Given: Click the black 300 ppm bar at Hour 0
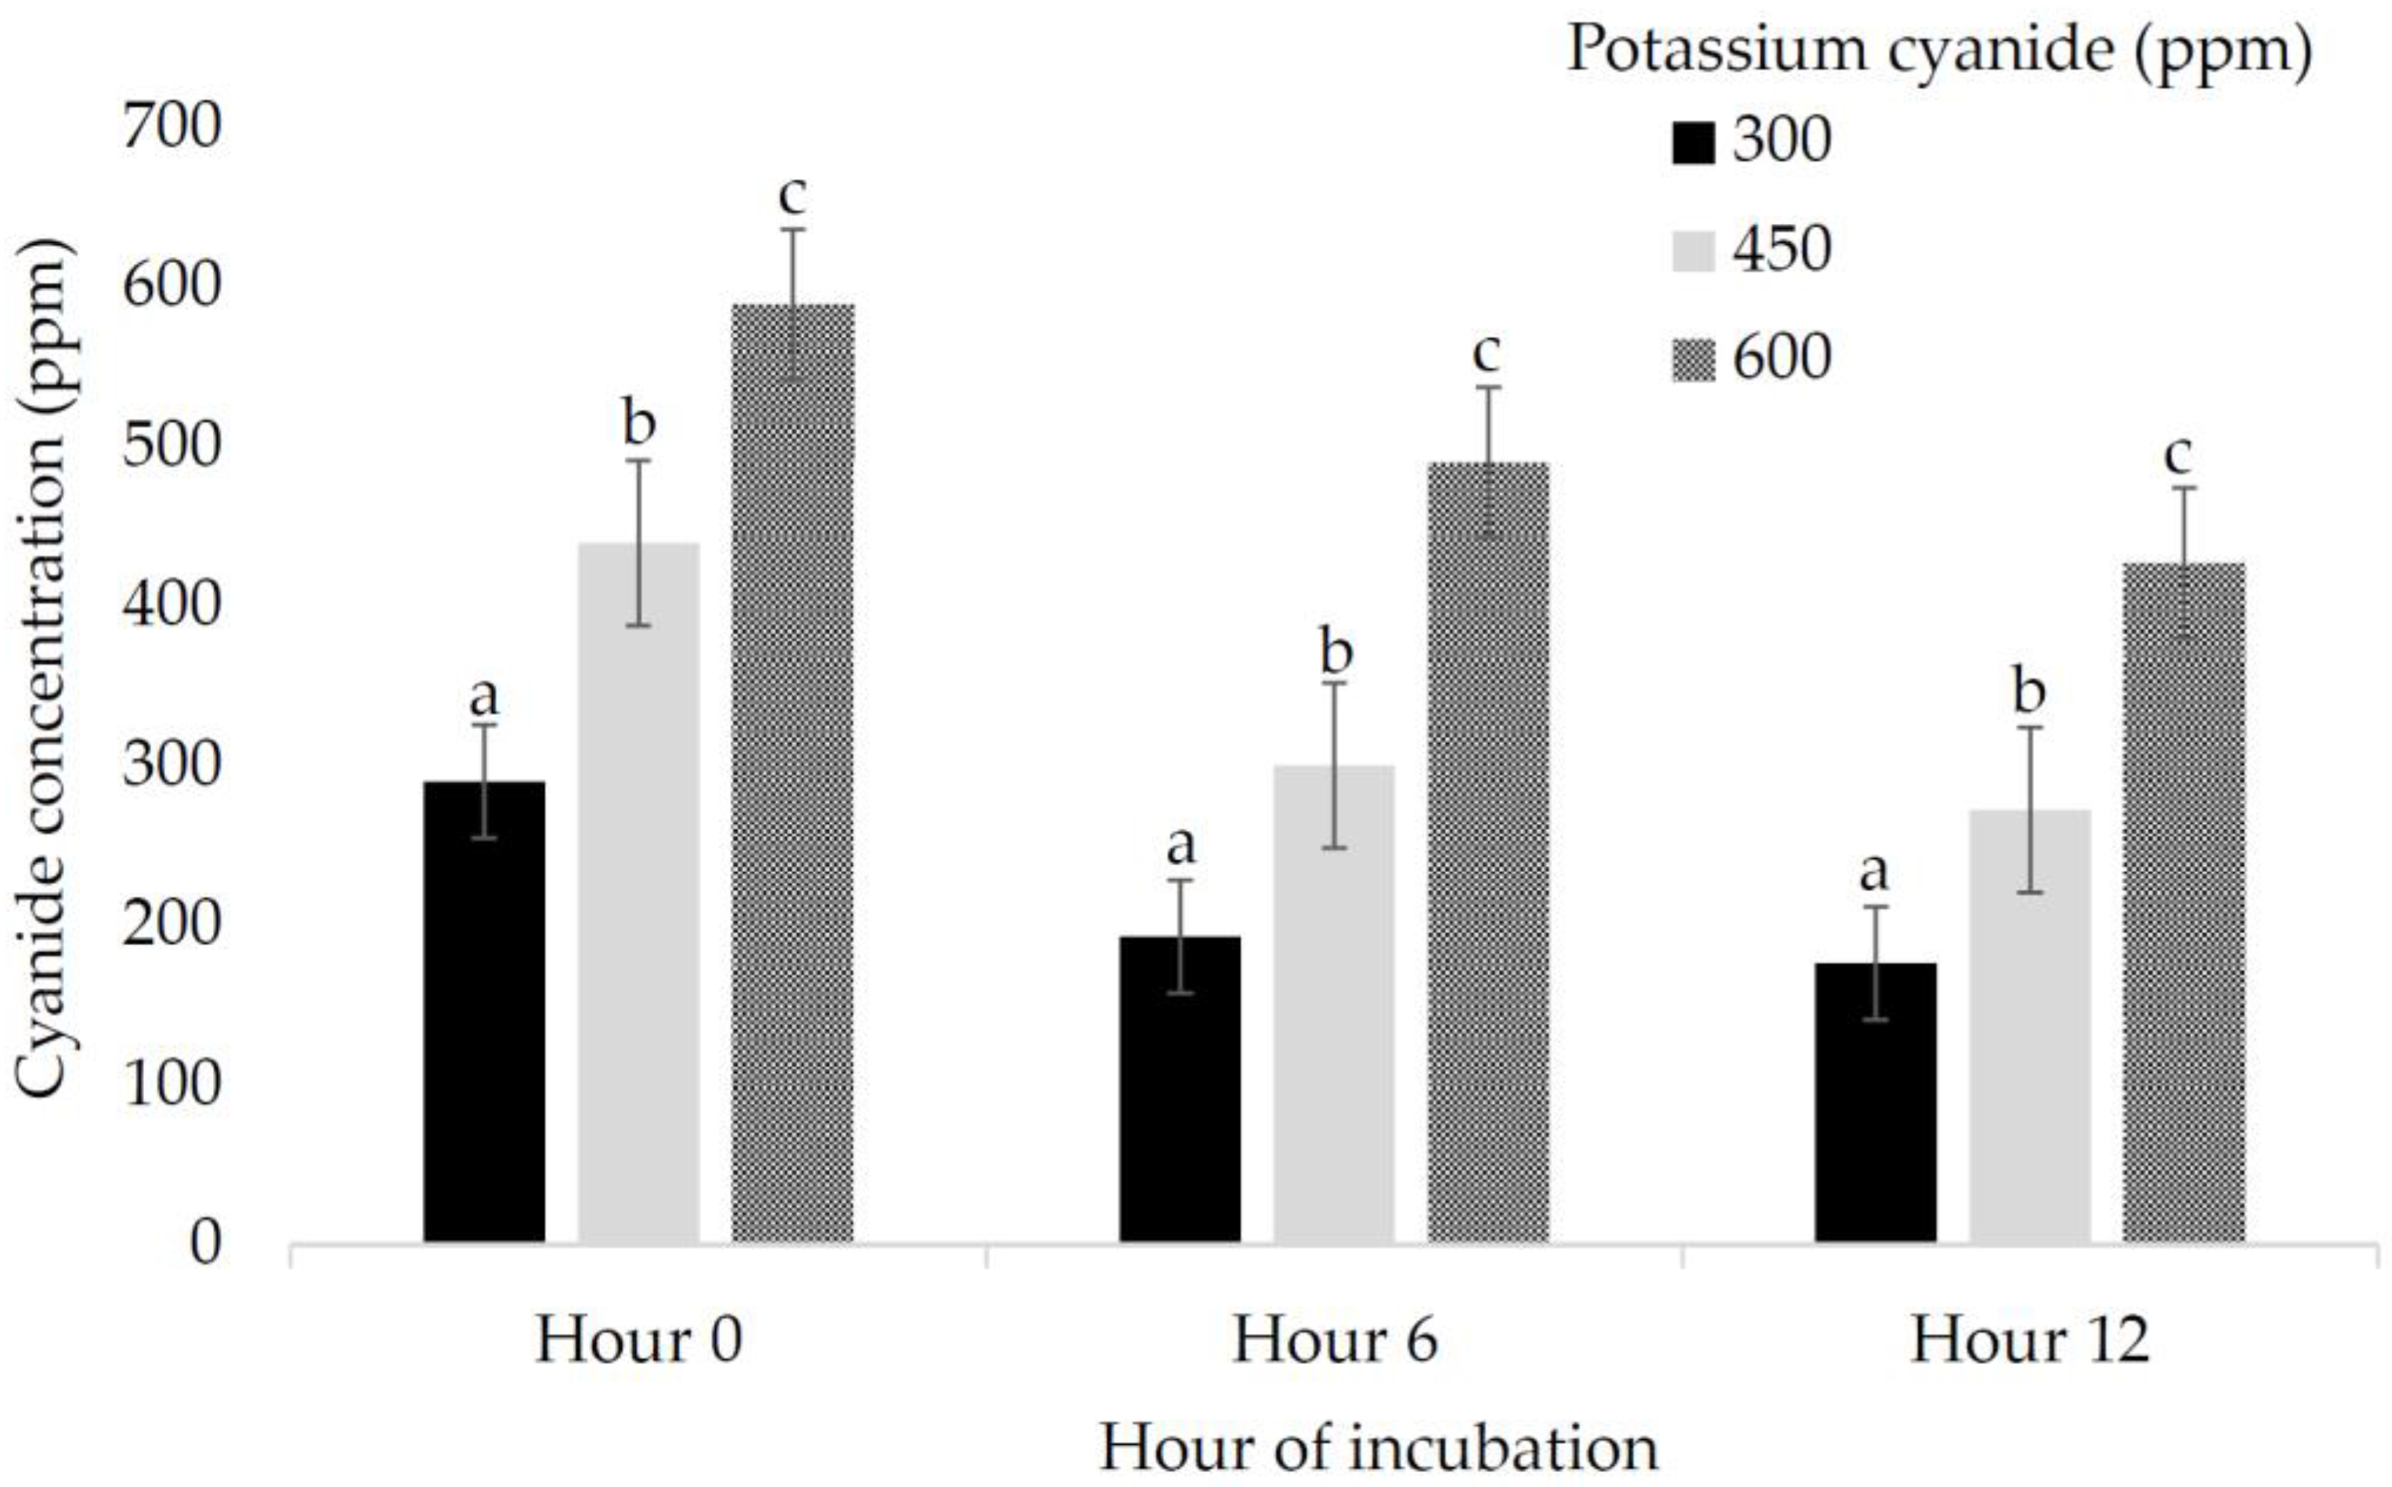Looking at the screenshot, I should click(x=484, y=1013).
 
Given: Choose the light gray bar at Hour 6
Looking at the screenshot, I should click(x=1334, y=1004).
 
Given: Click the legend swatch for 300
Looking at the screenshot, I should click(x=1693, y=143).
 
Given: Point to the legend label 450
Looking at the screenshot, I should click(x=1781, y=250).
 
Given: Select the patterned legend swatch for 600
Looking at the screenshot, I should click(x=1693, y=359).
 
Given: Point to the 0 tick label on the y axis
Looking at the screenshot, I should click(x=204, y=1243).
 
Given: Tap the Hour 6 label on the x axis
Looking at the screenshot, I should click(x=1335, y=1341).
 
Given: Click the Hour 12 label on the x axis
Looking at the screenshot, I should click(x=2030, y=1341).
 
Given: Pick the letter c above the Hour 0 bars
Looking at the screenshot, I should click(x=792, y=195).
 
